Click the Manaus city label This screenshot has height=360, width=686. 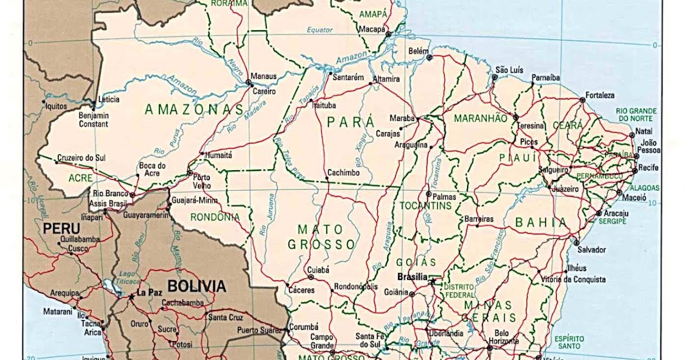coord(264,76)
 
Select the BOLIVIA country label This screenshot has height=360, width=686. coord(196,286)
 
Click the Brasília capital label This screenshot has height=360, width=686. coord(412,277)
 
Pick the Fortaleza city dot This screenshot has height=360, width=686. coord(582,100)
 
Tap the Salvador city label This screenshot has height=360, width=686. coord(591,250)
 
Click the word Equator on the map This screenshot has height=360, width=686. coord(319,30)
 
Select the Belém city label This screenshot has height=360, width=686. coord(418,51)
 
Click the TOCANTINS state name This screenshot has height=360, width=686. coord(425,205)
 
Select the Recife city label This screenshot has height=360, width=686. coord(648,167)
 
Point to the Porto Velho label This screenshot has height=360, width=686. coord(202,181)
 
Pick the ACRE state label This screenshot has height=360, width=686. coord(80,178)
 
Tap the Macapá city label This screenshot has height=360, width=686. coord(372,29)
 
